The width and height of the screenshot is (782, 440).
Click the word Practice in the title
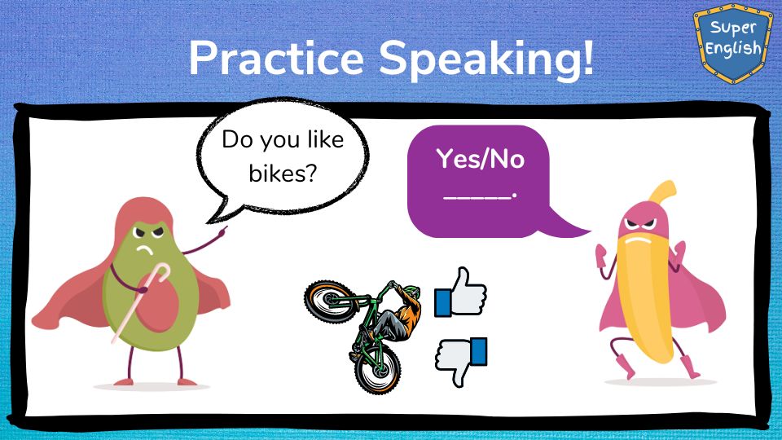276,58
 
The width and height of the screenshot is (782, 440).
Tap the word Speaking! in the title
487,59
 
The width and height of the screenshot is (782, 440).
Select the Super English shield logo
732,43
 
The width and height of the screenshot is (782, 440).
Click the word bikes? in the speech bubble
283,174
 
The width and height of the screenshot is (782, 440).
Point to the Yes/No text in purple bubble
481,159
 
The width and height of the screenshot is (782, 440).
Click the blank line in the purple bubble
479,197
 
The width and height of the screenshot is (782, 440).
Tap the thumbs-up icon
460,293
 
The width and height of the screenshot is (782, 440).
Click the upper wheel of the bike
330,301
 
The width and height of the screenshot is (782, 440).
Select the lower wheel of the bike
377,368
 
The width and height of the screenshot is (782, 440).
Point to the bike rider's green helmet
411,291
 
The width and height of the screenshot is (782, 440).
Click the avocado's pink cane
141,301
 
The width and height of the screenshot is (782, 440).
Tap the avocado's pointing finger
223,231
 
